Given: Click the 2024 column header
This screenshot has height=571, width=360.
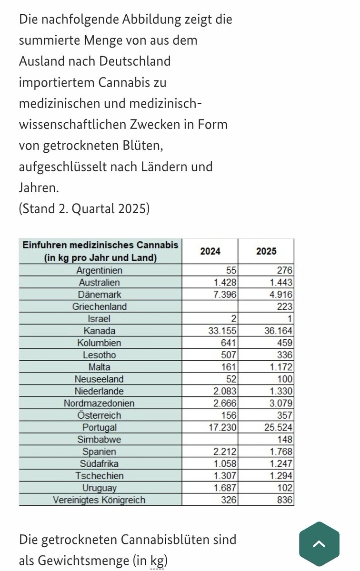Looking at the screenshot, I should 210,251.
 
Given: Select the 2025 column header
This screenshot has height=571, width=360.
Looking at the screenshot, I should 266,251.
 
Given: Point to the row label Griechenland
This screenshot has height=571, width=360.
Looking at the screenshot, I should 100,307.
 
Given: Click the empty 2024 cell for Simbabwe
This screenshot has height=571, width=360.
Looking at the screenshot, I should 210,440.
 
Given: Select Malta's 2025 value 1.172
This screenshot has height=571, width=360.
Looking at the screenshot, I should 280,366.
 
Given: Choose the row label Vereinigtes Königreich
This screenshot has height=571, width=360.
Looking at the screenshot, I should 100,500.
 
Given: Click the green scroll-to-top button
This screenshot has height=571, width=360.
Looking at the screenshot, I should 319,543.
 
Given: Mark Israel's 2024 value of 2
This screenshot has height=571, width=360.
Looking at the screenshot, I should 234,319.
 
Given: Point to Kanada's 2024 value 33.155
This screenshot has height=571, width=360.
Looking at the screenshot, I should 220,330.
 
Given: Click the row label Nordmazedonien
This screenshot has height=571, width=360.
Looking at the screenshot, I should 100,404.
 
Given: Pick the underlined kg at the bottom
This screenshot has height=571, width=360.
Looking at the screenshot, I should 156,561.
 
